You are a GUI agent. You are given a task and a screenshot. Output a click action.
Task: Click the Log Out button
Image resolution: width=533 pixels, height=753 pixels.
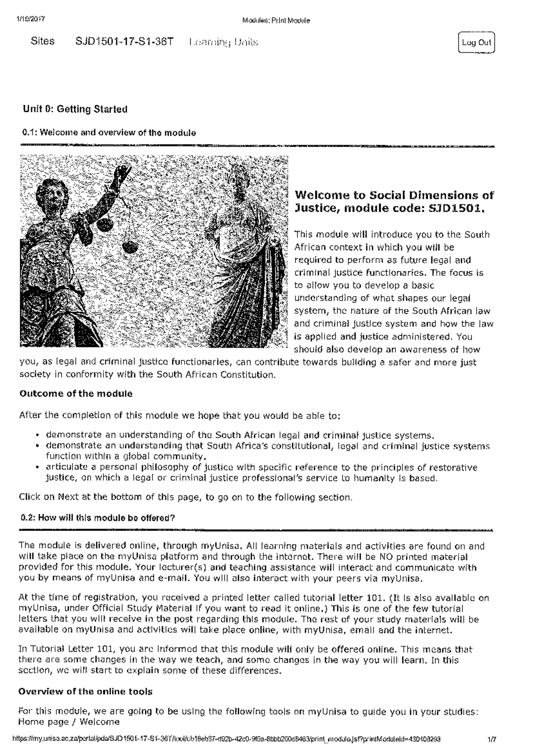476,43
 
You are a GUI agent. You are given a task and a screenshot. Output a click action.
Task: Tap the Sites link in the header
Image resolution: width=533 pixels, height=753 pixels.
43,41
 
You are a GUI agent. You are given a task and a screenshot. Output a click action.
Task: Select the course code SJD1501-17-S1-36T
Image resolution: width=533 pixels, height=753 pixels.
124,42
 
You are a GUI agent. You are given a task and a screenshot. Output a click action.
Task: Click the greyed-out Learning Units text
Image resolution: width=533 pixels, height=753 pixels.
223,43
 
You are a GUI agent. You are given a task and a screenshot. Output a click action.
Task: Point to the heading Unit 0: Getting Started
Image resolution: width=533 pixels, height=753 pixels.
75,109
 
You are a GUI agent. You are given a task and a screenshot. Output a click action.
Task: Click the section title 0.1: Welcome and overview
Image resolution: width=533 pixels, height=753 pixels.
109,133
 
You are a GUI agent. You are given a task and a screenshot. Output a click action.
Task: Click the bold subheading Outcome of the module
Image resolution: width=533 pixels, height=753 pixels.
76,394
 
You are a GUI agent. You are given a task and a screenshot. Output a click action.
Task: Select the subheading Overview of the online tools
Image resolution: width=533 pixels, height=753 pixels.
85,692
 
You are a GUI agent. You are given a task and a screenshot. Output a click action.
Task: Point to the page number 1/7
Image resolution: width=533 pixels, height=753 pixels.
491,740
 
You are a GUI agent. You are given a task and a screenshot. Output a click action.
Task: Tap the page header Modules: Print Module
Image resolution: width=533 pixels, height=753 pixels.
276,20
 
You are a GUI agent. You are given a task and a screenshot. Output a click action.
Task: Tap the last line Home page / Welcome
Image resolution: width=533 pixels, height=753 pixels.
69,722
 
